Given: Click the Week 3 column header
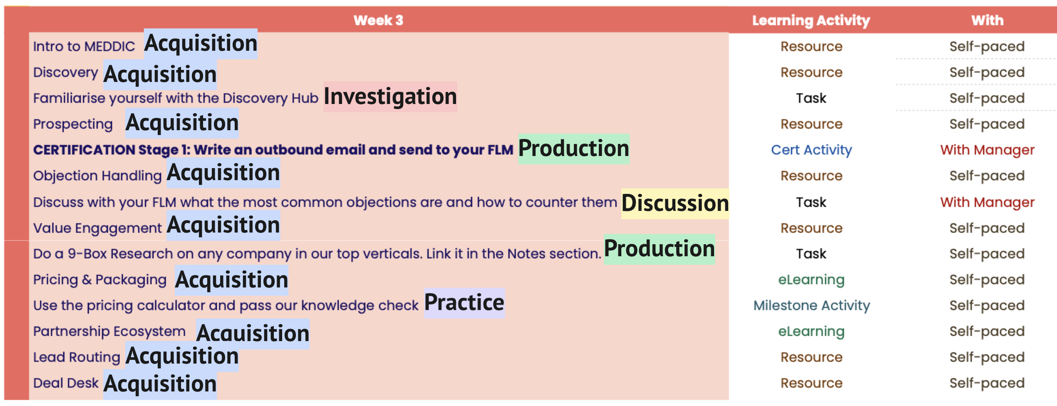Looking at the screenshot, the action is (x=378, y=20).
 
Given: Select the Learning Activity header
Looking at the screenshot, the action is (x=811, y=20).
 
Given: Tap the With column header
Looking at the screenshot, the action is (x=987, y=20).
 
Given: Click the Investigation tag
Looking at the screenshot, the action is (x=390, y=97).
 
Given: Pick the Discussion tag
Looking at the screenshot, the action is (x=675, y=203).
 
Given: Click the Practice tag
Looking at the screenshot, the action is (x=464, y=303).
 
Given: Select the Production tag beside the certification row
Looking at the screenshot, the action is (x=574, y=149).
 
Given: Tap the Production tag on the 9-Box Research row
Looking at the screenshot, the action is (x=660, y=249).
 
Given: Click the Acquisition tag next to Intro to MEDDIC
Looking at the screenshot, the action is (x=201, y=44).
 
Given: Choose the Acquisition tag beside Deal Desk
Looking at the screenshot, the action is (x=160, y=384).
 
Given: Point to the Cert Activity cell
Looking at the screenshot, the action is (x=811, y=150).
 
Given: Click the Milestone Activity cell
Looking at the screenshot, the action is (x=811, y=305).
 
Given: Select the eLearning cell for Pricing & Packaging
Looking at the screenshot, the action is (x=811, y=280).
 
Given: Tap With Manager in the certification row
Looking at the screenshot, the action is (x=987, y=150).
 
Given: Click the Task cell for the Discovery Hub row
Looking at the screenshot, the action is (x=811, y=98).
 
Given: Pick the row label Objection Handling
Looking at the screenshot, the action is (x=97, y=176).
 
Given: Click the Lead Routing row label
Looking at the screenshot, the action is (x=77, y=357).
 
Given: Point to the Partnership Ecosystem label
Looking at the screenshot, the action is (x=109, y=331).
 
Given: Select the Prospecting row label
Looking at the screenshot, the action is (x=73, y=124).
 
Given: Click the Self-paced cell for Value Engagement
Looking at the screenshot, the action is (x=987, y=228).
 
